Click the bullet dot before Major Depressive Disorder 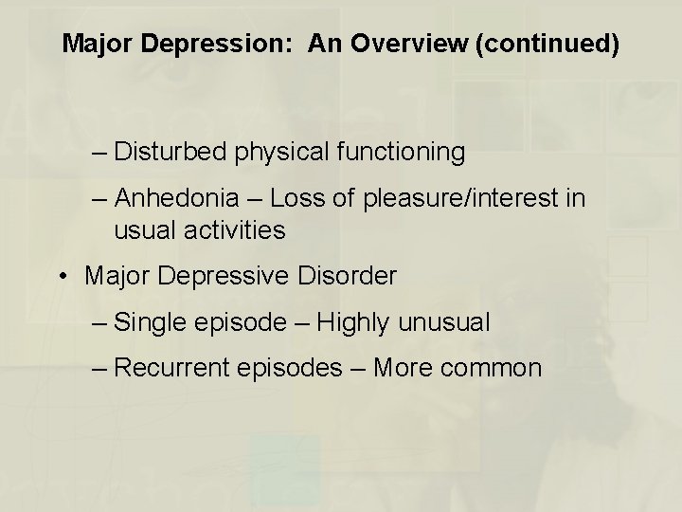[x=61, y=276]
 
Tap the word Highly [x=354, y=322]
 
